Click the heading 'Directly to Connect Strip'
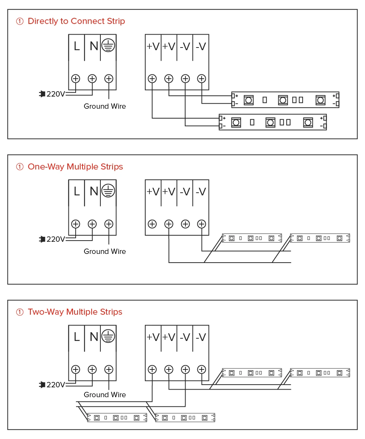click(76, 21)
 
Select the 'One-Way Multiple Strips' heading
click(75, 167)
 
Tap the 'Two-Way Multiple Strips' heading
click(75, 312)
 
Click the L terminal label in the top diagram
click(77, 46)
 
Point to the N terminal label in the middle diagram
click(94, 192)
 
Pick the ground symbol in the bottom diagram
click(109, 336)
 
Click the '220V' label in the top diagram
click(56, 94)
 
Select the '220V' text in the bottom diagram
click(56, 385)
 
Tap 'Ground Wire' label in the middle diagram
click(105, 252)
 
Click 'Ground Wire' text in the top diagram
click(105, 106)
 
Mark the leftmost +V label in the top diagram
click(153, 46)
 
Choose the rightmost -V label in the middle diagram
click(201, 192)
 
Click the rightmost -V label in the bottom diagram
click(201, 337)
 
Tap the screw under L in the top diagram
click(76, 79)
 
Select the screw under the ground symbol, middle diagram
click(109, 224)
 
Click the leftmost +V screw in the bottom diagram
click(152, 369)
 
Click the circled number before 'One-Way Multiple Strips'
click(20, 167)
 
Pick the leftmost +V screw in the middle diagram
click(152, 224)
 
